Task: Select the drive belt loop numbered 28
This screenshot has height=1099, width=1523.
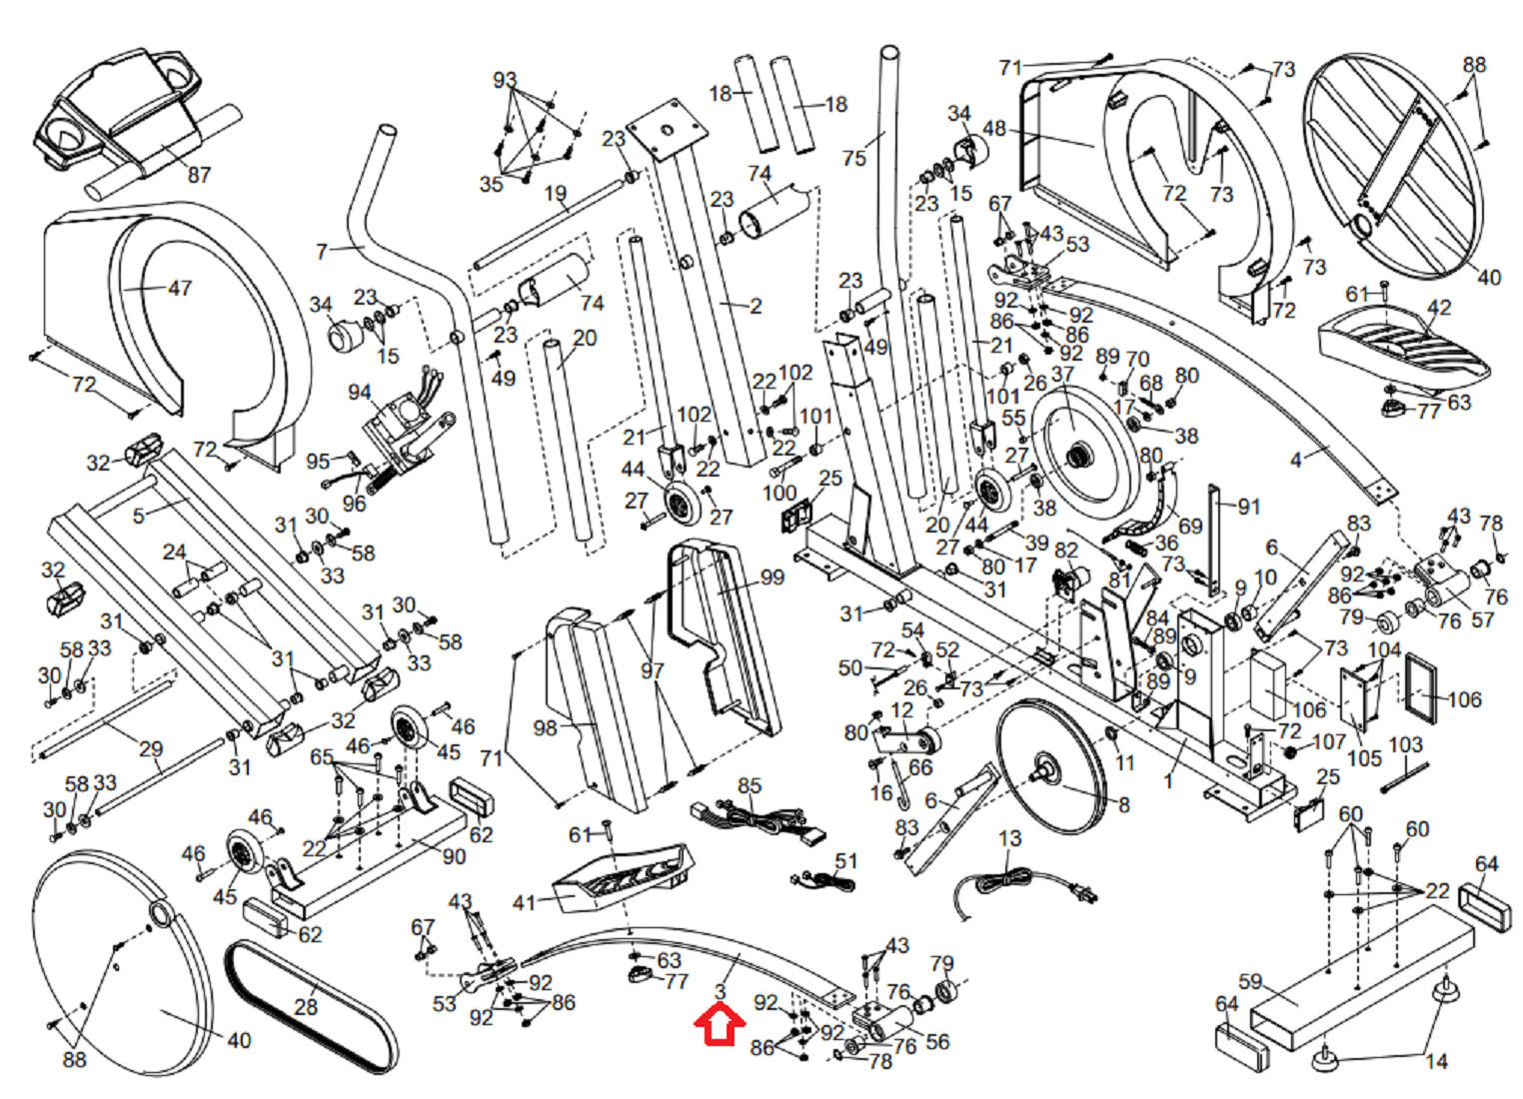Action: click(x=310, y=1009)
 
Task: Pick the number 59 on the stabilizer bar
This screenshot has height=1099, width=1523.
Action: click(x=1250, y=981)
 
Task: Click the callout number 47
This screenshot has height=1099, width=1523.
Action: click(x=180, y=289)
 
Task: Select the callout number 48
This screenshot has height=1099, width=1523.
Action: click(x=994, y=129)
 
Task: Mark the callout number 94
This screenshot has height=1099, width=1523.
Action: click(x=360, y=393)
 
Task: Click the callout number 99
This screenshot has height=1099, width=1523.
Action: click(x=772, y=577)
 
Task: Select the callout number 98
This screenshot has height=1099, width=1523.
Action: click(x=545, y=728)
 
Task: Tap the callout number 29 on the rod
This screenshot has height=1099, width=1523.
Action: click(x=151, y=749)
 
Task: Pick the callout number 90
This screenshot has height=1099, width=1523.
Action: click(x=454, y=856)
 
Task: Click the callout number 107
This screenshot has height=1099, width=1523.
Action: click(x=1329, y=742)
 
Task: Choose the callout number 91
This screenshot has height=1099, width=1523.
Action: click(x=1249, y=507)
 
